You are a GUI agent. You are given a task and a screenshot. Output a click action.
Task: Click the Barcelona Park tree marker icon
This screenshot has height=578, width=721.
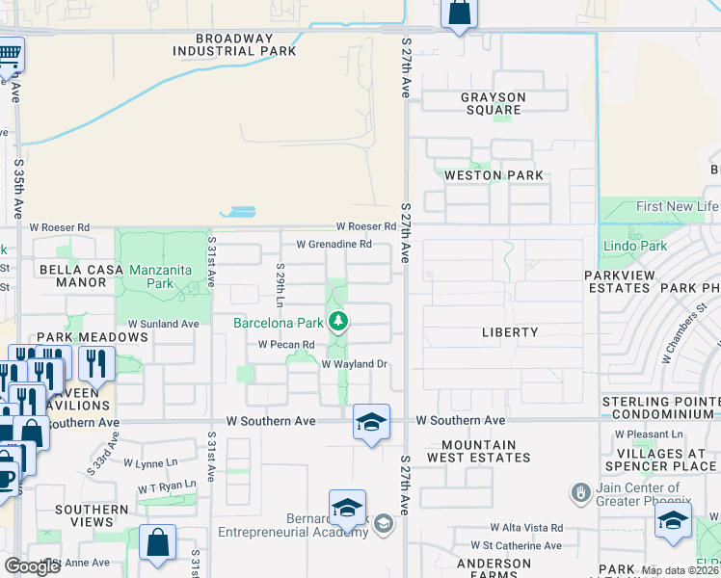(337, 322)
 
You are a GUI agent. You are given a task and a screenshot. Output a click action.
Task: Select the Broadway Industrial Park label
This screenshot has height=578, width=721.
(234, 45)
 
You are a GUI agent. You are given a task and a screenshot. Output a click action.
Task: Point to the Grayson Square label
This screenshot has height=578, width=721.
(493, 103)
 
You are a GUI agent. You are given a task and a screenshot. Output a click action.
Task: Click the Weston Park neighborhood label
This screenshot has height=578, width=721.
(493, 175)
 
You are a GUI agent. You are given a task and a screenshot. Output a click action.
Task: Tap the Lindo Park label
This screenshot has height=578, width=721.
(634, 247)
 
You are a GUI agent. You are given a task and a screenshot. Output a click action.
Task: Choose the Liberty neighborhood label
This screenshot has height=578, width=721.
(510, 332)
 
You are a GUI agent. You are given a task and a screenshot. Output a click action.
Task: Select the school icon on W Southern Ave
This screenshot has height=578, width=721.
(371, 422)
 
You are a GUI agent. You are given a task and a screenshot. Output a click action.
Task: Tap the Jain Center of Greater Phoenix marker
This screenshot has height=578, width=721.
(579, 492)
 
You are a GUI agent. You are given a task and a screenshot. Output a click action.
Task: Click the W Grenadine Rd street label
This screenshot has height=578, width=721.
(334, 245)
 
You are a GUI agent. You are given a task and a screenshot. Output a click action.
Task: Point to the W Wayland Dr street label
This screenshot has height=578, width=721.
(354, 364)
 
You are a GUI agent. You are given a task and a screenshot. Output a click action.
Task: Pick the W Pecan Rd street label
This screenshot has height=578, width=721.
(286, 344)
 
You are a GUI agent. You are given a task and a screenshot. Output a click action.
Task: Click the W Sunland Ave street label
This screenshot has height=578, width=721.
(163, 324)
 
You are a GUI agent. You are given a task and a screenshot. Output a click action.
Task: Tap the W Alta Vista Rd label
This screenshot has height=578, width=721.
(525, 528)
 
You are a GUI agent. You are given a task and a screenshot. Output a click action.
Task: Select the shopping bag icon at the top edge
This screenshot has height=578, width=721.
(459, 13)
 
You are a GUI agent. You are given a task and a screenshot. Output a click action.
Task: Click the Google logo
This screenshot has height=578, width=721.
(32, 565)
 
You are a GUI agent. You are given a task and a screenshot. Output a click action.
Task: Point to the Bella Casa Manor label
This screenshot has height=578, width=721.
(81, 276)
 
